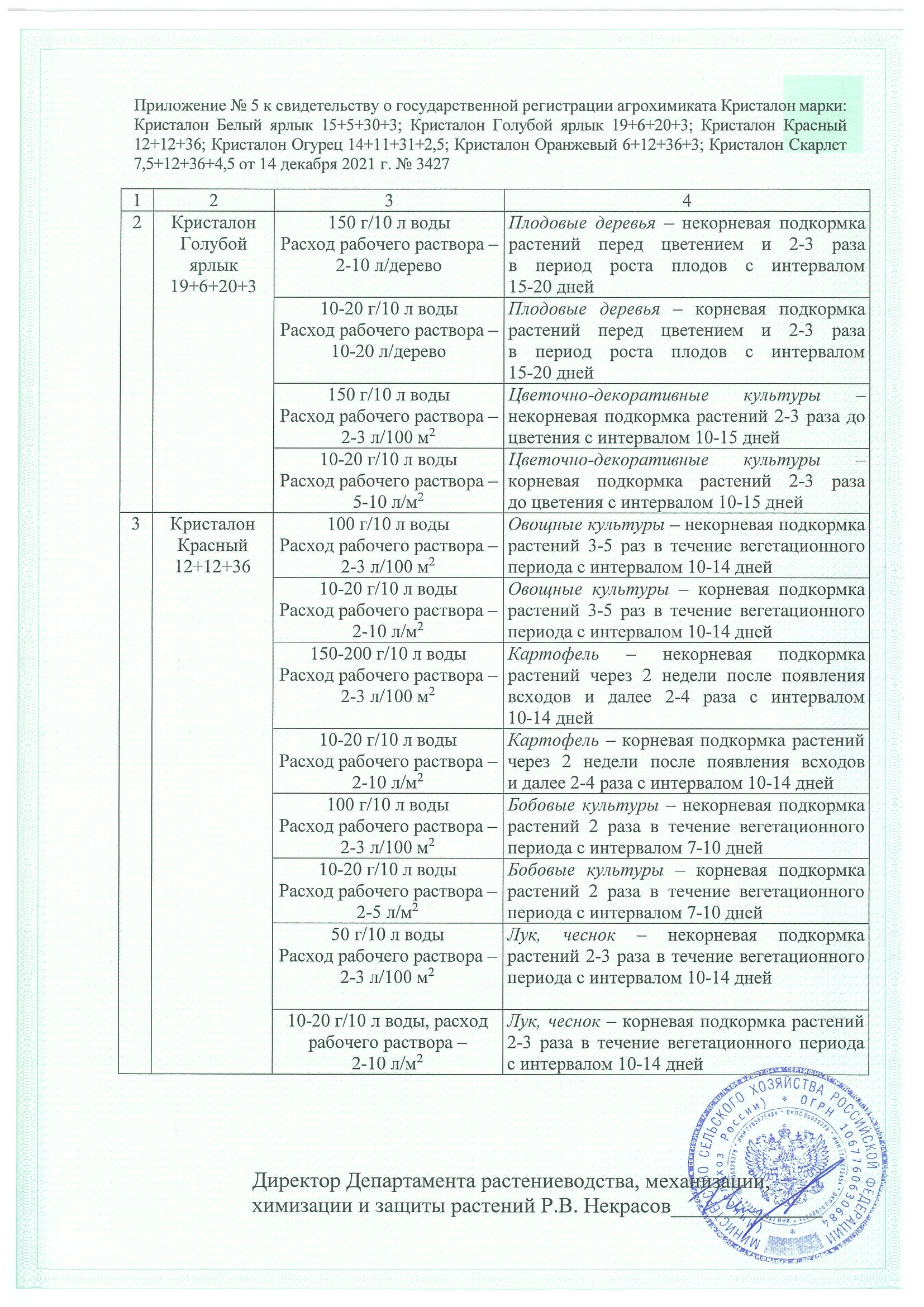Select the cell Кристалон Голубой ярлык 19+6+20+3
tap(213, 255)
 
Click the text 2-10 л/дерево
tap(389, 266)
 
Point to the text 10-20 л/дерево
tap(389, 352)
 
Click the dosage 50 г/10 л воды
tap(389, 935)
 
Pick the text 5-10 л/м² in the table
tap(389, 502)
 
